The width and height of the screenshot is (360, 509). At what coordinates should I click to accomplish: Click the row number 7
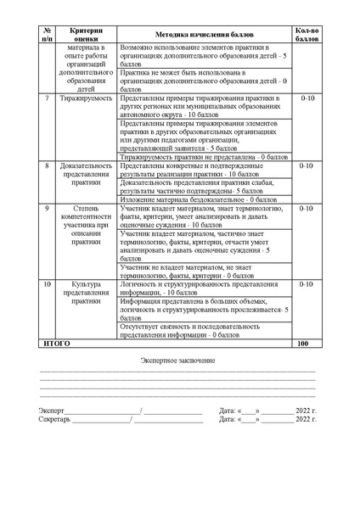[x=48, y=98]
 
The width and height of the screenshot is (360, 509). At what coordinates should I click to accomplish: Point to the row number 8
[x=48, y=166]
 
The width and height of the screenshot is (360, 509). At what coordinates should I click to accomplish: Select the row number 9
[x=48, y=209]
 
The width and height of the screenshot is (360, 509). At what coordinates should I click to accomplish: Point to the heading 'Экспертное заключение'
[x=178, y=362]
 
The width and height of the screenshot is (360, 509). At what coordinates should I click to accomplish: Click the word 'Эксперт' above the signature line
[x=52, y=411]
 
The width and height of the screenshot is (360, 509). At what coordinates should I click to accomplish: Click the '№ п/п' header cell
[x=48, y=33]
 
